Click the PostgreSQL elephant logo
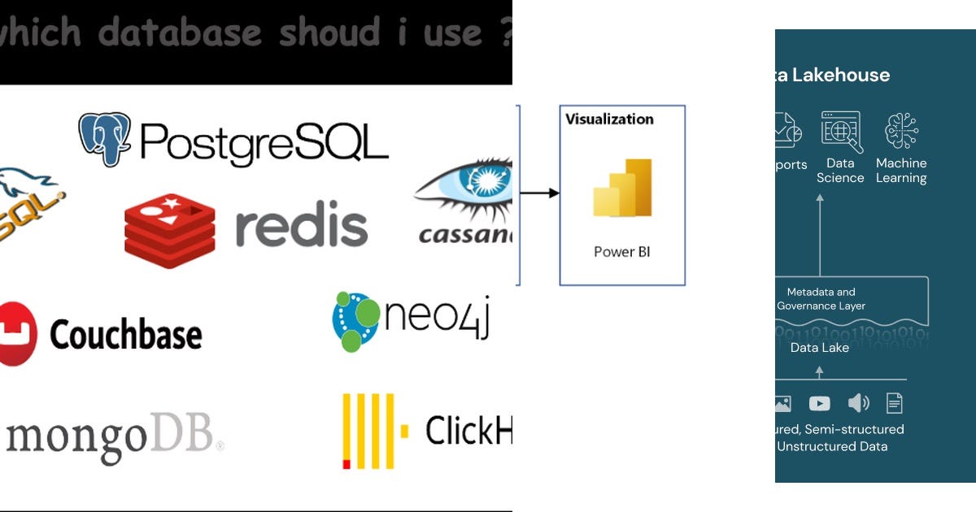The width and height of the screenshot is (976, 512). [105, 139]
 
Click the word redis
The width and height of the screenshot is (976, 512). [302, 227]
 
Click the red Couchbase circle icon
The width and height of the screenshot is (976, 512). [16, 333]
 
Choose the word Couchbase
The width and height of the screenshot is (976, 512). [126, 334]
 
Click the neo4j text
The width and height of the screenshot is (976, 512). [436, 318]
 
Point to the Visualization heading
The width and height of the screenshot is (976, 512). [609, 119]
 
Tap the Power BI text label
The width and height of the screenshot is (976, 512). [622, 252]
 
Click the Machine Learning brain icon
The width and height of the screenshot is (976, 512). [901, 131]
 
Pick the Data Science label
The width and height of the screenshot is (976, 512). [840, 171]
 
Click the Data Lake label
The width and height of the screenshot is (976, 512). [820, 348]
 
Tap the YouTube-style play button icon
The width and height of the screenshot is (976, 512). [820, 403]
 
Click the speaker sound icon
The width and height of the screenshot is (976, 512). [858, 403]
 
